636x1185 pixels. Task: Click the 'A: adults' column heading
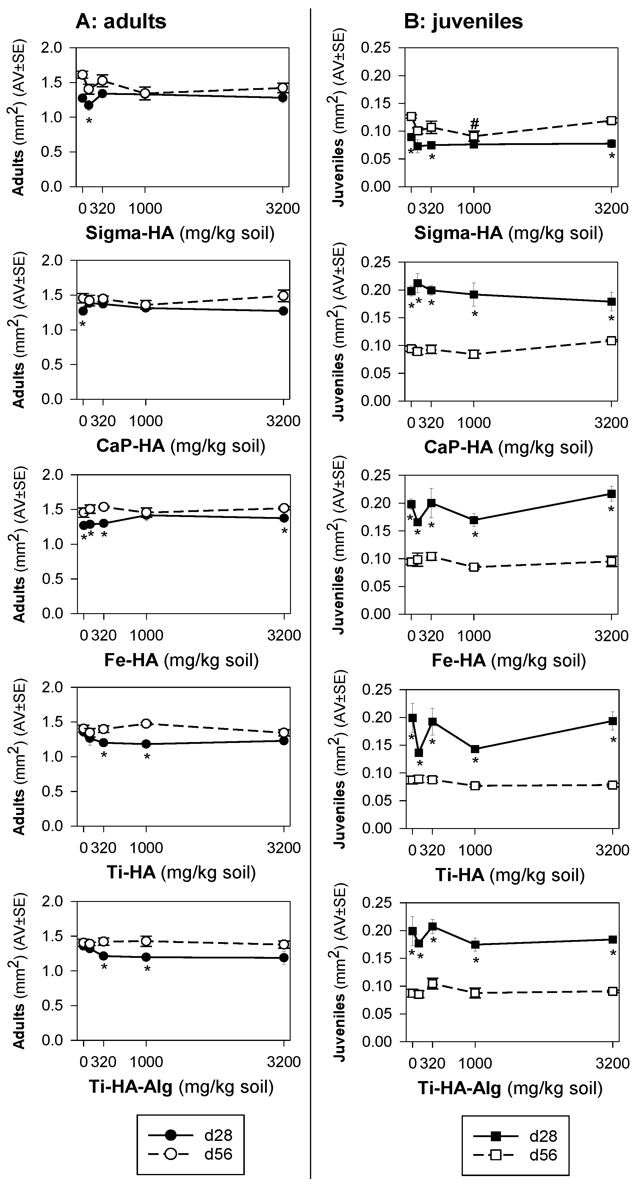coord(120,22)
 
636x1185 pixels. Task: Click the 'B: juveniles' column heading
coord(463,22)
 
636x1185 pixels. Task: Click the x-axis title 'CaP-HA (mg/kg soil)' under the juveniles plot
coord(508,447)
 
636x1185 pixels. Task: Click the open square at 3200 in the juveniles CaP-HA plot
coord(611,341)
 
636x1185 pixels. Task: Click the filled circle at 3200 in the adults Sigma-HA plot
coord(283,98)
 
